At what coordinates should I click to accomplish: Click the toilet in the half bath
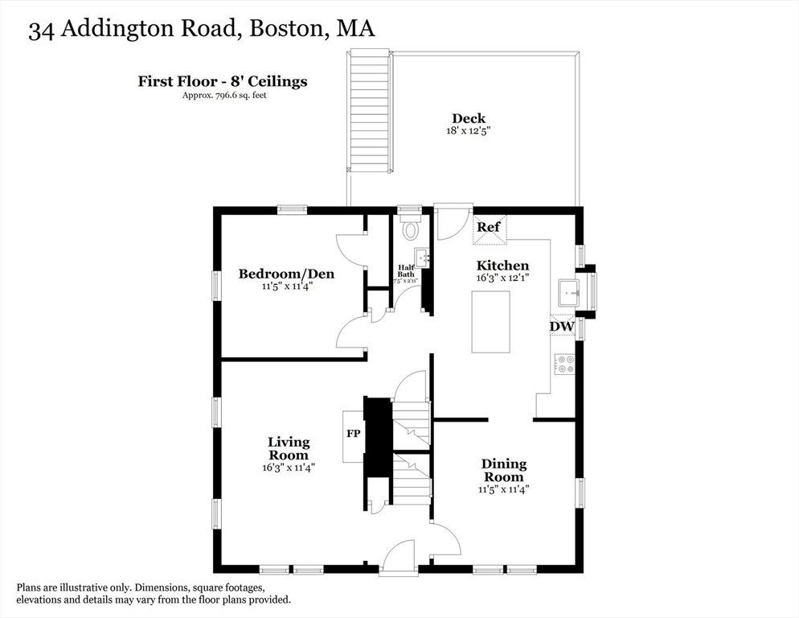tap(411, 229)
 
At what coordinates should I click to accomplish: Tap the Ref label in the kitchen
tap(489, 228)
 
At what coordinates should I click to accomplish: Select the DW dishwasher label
tap(561, 327)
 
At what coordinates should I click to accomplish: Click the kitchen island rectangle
tap(490, 322)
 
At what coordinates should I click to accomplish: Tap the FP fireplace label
tap(353, 434)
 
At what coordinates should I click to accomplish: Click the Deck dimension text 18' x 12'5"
tap(469, 130)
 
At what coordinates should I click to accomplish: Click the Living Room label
tap(289, 448)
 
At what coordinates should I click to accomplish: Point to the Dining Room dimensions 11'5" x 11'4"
tap(504, 488)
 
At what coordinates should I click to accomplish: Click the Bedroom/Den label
tap(286, 274)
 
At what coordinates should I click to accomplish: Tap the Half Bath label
tap(407, 271)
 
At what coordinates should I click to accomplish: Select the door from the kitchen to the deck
tap(452, 222)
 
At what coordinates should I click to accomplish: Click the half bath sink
tap(422, 258)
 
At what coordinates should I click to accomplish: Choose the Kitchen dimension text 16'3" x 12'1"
tap(503, 278)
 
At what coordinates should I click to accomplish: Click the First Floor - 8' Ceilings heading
tap(222, 81)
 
